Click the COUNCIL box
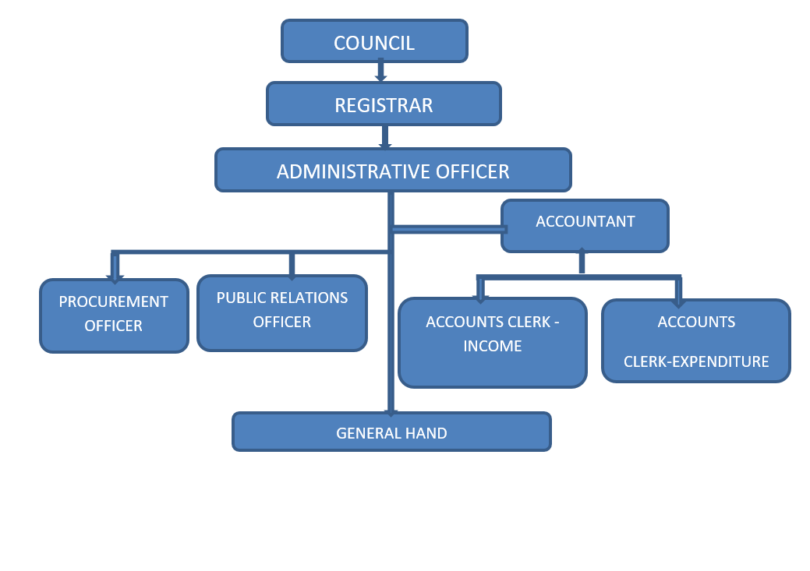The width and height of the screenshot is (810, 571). coord(374,41)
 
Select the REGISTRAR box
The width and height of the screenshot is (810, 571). coord(384,104)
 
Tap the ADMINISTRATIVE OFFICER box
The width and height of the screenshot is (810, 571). coord(393,170)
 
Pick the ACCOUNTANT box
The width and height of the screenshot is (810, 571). coord(585,226)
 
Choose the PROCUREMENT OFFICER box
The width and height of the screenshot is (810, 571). coord(114,315)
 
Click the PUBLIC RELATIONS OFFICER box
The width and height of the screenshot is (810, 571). coord(282,312)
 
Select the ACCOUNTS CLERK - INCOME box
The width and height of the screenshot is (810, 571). coord(492,343)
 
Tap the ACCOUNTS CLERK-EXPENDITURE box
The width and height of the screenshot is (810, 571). coord(696,341)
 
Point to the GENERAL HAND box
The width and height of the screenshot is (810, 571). coord(391,432)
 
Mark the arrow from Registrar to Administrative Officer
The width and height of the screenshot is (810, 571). coord(384,137)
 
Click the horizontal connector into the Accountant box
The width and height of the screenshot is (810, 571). coord(448,229)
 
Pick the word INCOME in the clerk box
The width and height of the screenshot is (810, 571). coord(493,347)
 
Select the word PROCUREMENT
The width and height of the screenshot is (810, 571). coord(114,301)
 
